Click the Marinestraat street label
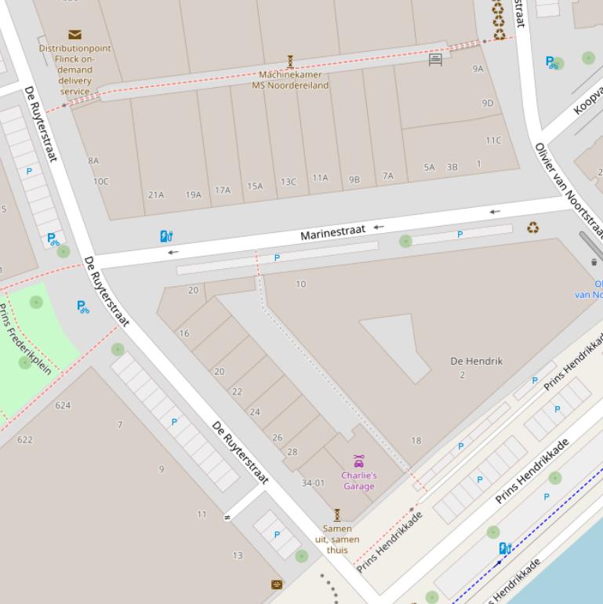(x=333, y=232)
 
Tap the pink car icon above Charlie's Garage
(x=358, y=461)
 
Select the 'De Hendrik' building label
(x=476, y=361)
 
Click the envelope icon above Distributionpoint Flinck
(x=74, y=35)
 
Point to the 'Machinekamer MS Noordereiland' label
(x=290, y=80)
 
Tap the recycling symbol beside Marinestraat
(x=533, y=228)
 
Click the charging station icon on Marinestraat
(x=165, y=236)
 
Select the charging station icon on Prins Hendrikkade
(x=506, y=548)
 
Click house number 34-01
(x=313, y=482)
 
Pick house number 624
(x=63, y=406)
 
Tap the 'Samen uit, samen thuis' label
(x=337, y=539)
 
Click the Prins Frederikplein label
(x=25, y=339)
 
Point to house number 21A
(x=156, y=195)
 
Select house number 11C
(x=492, y=140)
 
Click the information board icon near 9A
(x=435, y=59)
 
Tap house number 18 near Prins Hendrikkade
(x=416, y=440)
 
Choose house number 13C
(x=289, y=182)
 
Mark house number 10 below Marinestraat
(x=300, y=284)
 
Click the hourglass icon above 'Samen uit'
(x=337, y=515)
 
